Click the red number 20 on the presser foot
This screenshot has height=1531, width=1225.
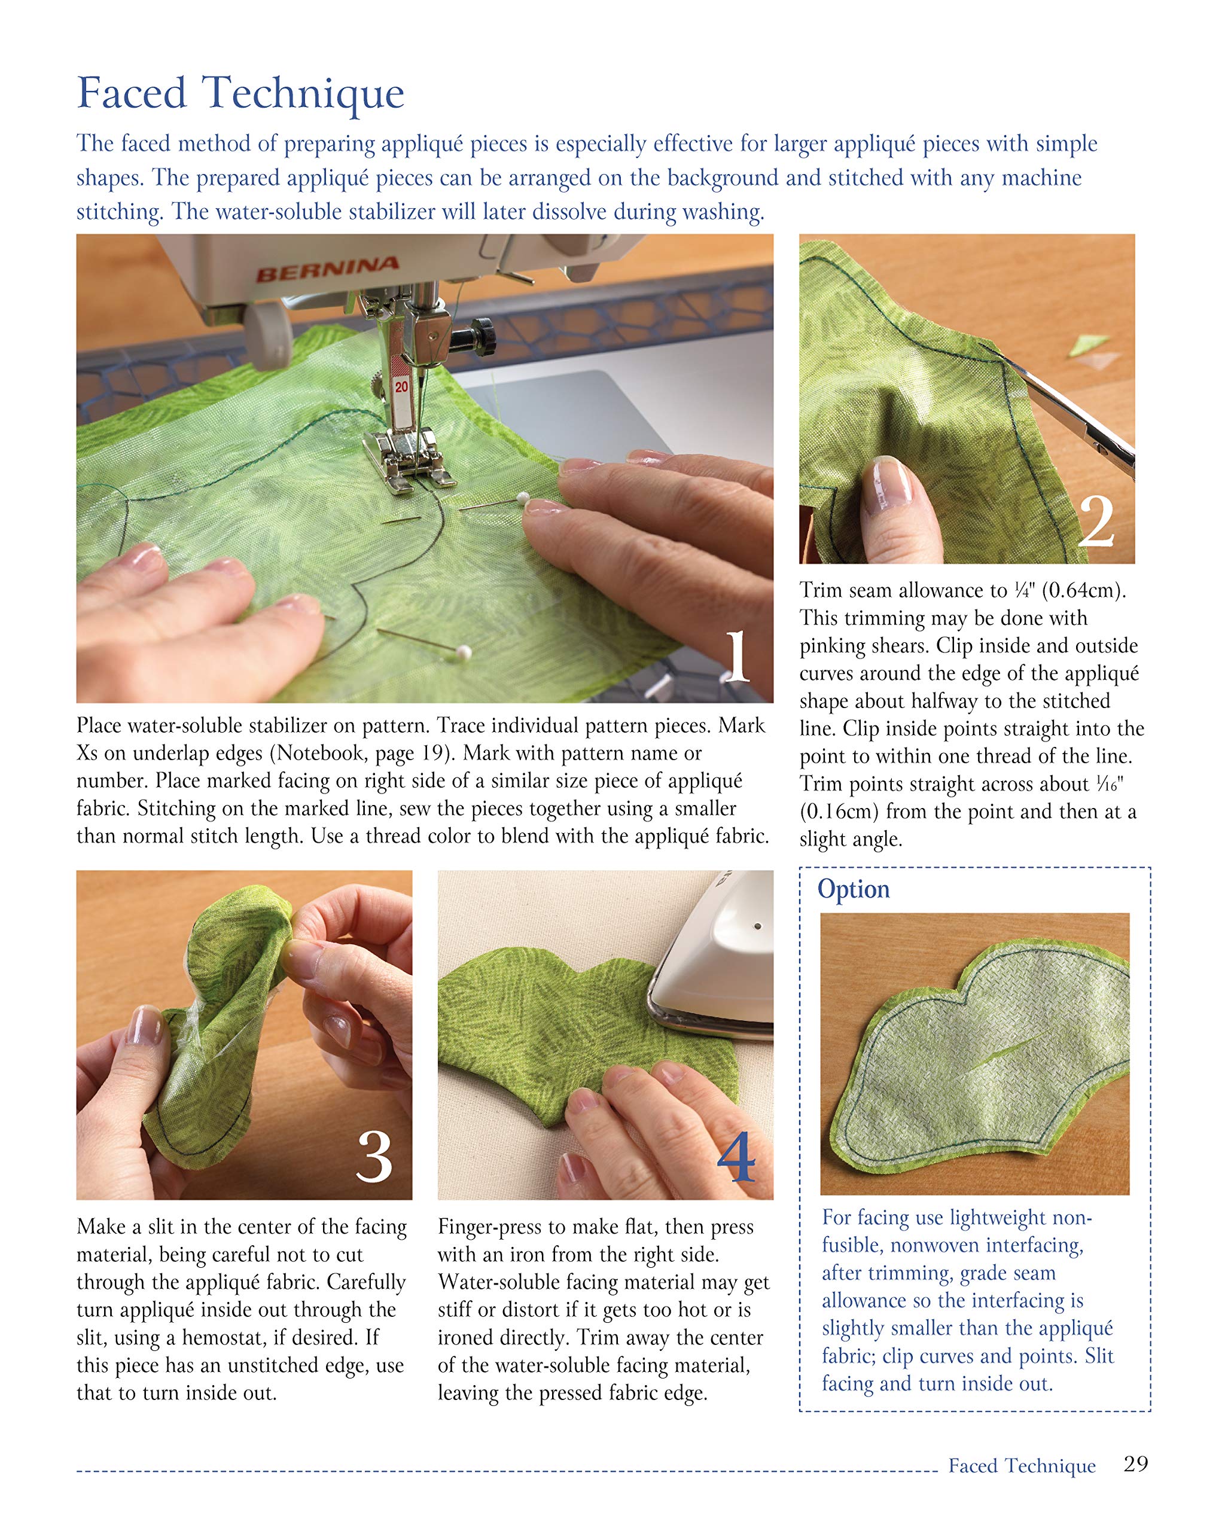coord(402,386)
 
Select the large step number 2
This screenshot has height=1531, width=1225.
coord(1096,522)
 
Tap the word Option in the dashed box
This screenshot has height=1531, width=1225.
coord(853,889)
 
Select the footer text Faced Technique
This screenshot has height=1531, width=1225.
coord(1021,1466)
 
